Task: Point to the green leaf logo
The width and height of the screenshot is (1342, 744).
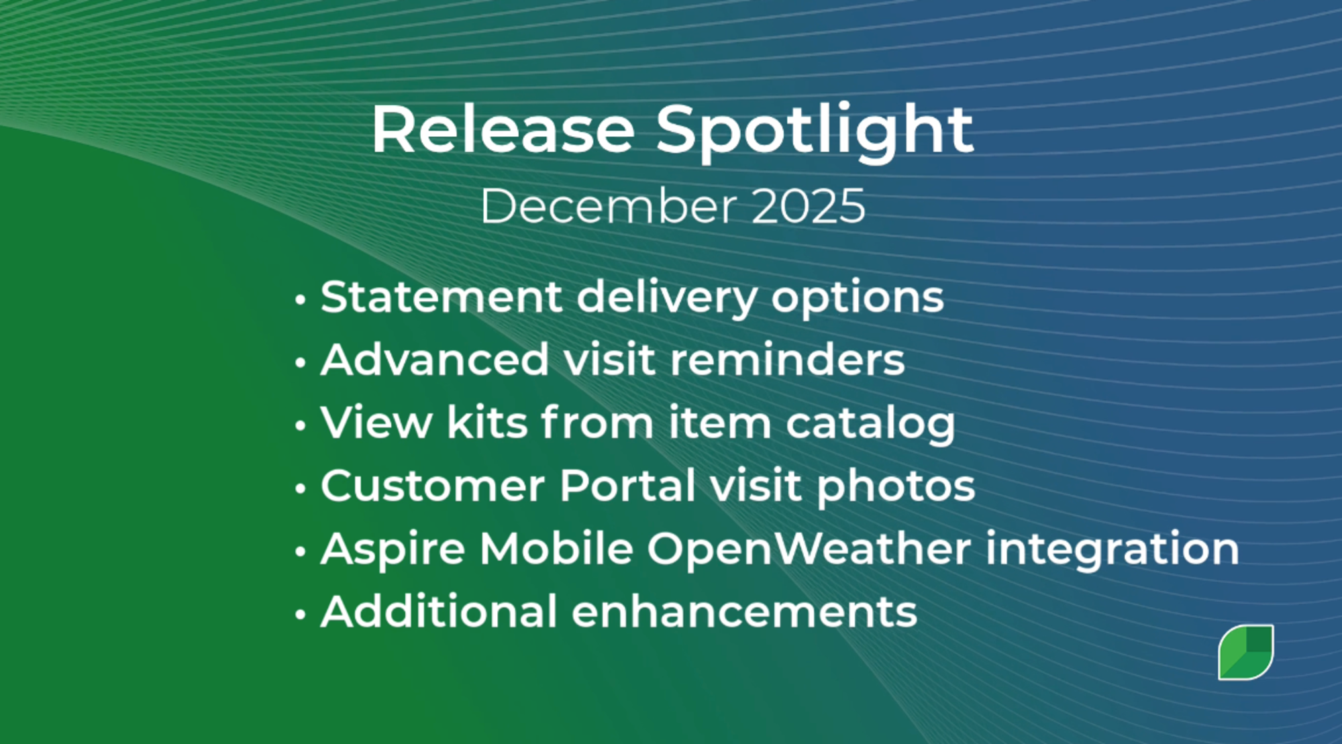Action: click(x=1245, y=652)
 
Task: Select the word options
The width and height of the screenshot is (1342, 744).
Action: click(x=857, y=298)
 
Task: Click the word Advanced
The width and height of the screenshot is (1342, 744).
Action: click(x=435, y=360)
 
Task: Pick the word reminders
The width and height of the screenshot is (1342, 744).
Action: click(x=787, y=360)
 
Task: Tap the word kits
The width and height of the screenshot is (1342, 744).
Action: click(x=487, y=423)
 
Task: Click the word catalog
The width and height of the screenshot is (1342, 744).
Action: click(x=870, y=424)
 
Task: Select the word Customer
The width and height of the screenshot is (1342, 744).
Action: click(x=432, y=486)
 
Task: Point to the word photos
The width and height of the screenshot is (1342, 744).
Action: click(x=896, y=486)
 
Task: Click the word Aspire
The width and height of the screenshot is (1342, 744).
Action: click(x=393, y=549)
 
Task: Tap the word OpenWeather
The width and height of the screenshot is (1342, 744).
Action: click(x=809, y=549)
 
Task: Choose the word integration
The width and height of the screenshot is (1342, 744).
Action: click(x=1112, y=549)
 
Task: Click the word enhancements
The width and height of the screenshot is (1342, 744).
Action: click(x=744, y=612)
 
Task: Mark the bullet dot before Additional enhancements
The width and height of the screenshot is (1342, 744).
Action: click(x=301, y=614)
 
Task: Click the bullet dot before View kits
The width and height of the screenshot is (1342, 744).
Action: click(x=301, y=425)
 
